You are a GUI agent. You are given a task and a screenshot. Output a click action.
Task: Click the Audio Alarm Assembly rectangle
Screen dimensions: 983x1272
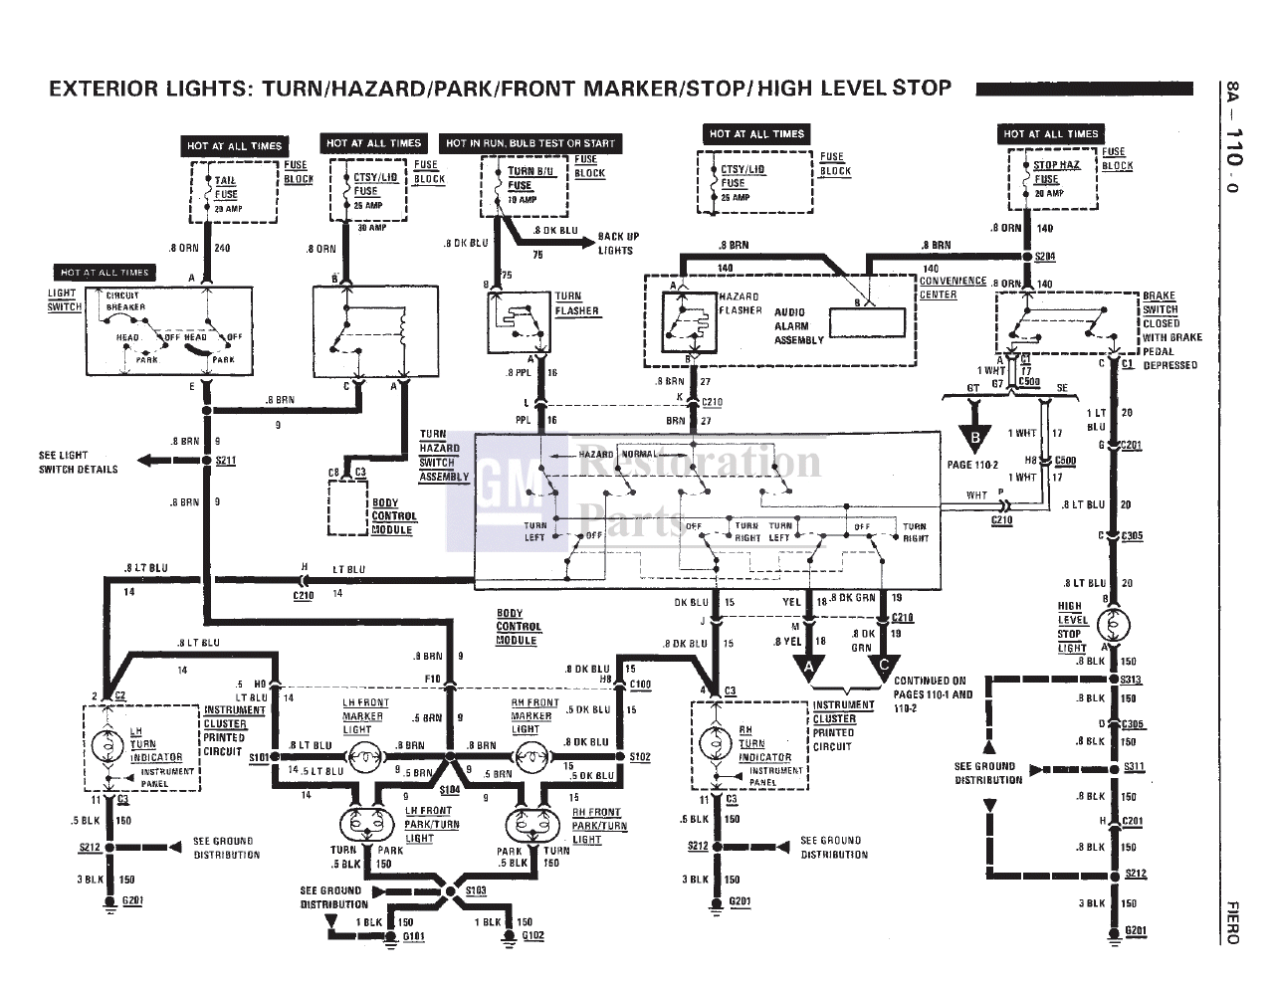pyautogui.click(x=867, y=322)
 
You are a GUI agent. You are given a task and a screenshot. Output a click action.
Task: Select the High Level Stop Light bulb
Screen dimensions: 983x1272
pyautogui.click(x=1114, y=626)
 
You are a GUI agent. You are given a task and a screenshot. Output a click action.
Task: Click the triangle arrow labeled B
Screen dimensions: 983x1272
pyautogui.click(x=975, y=436)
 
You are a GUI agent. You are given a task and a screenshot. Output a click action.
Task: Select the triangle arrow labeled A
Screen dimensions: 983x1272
pyautogui.click(x=813, y=667)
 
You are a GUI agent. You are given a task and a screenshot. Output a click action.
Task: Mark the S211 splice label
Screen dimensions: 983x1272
pyautogui.click(x=226, y=461)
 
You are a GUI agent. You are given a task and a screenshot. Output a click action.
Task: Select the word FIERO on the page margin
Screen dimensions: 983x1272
pyautogui.click(x=1232, y=922)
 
